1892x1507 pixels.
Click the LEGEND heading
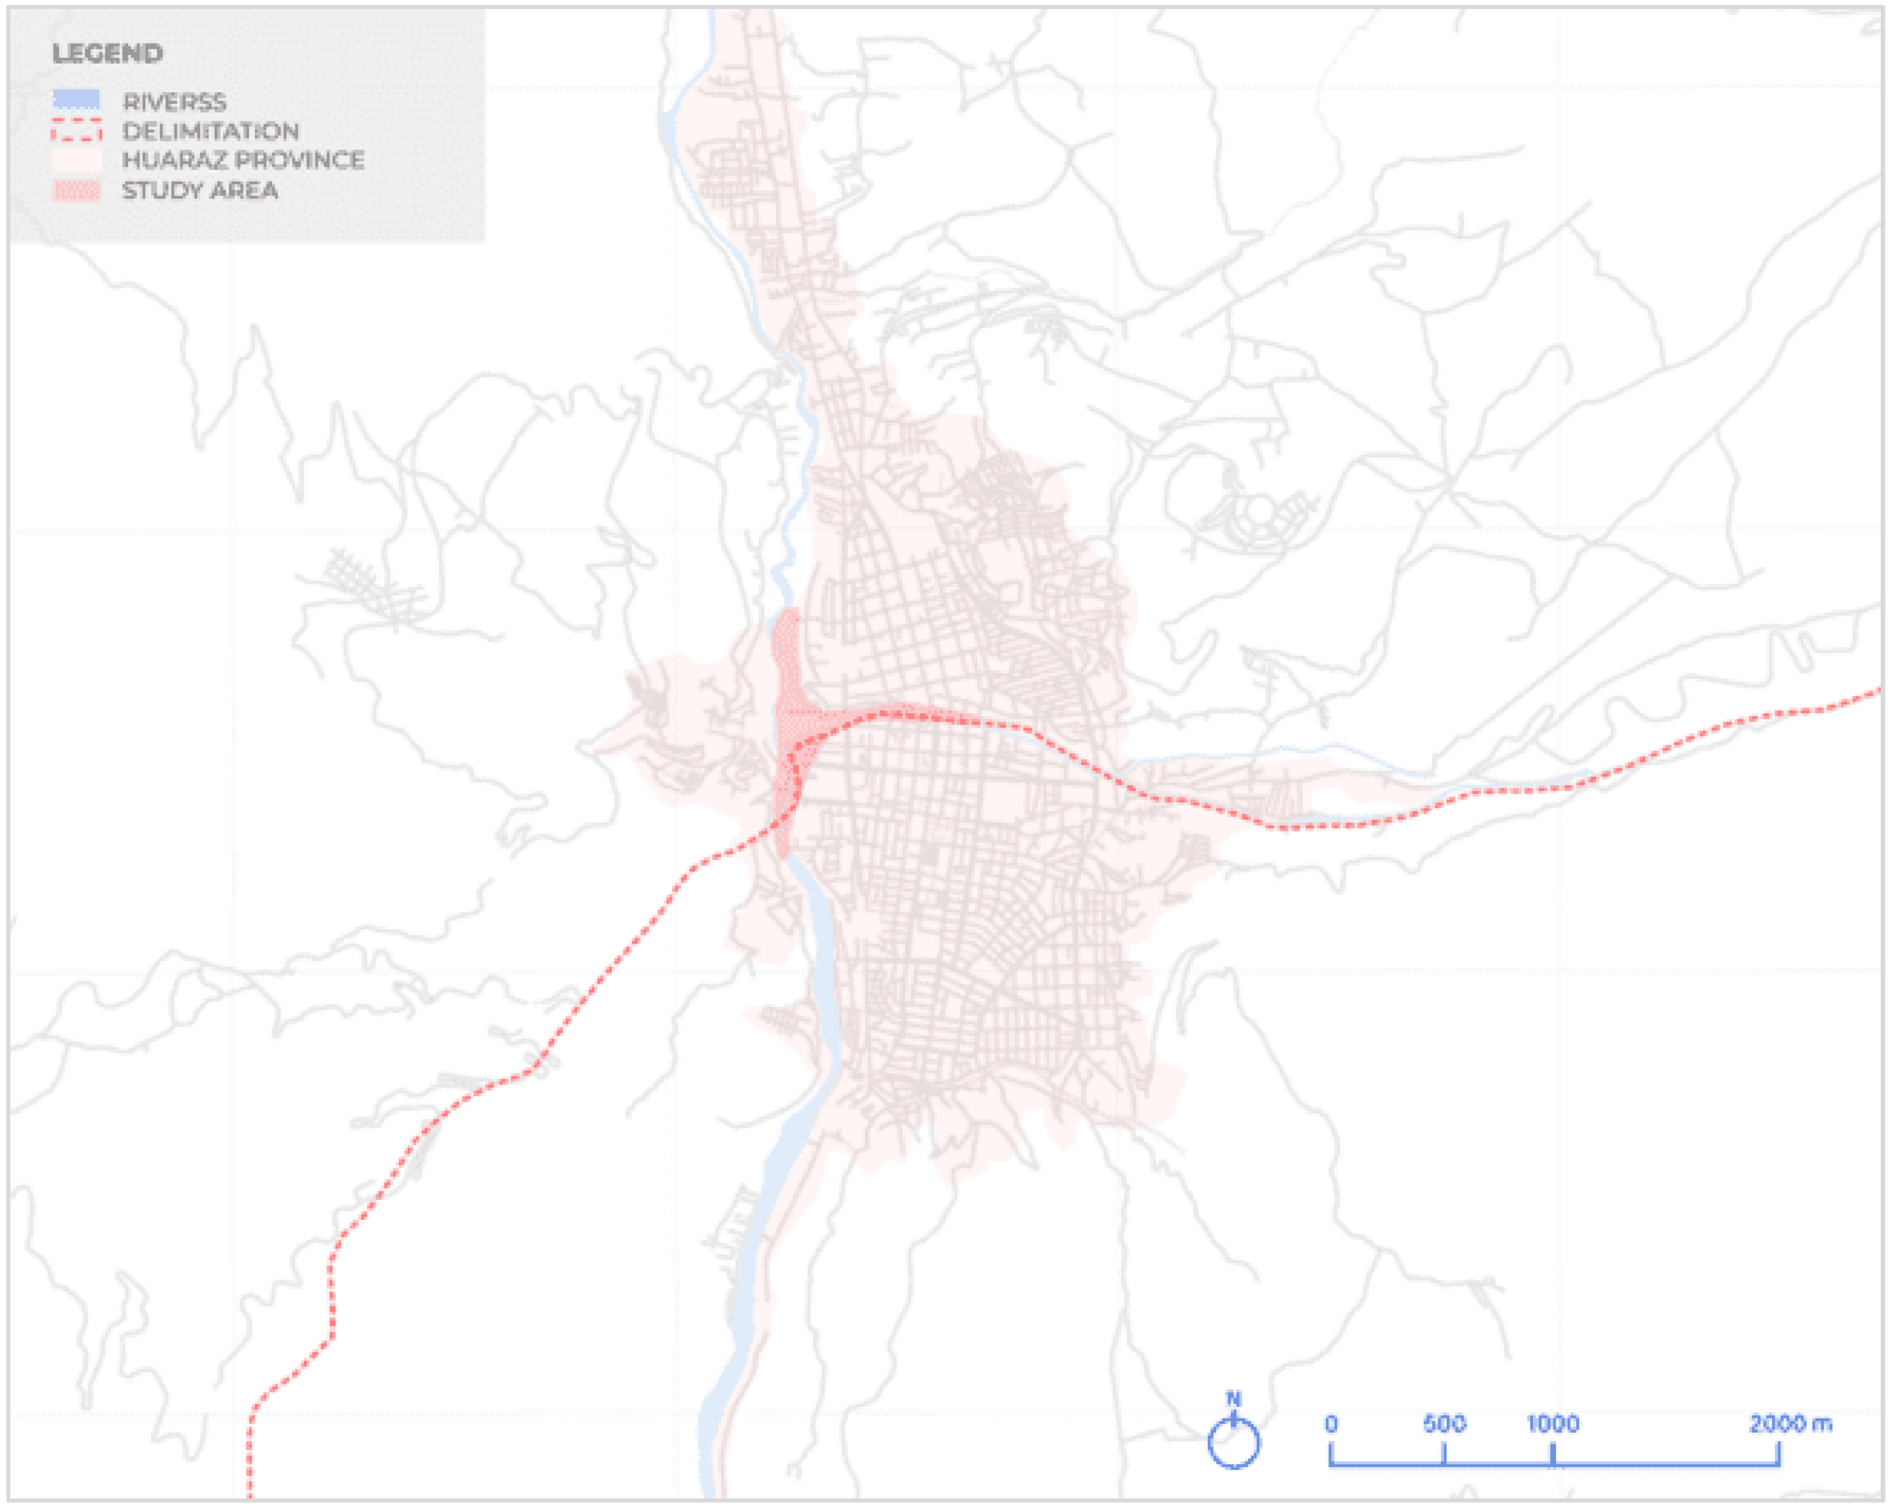(107, 54)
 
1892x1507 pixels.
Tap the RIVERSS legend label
(174, 102)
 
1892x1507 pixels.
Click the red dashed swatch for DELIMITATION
(76, 131)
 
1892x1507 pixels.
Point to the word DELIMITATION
(211, 132)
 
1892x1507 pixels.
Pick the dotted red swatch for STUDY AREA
(76, 191)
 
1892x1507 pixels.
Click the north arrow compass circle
(1233, 1443)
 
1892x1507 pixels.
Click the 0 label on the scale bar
(1331, 1424)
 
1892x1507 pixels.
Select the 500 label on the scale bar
(1443, 1424)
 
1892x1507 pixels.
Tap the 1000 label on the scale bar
(1553, 1424)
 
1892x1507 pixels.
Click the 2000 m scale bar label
(1790, 1424)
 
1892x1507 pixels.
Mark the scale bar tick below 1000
(1553, 1454)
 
